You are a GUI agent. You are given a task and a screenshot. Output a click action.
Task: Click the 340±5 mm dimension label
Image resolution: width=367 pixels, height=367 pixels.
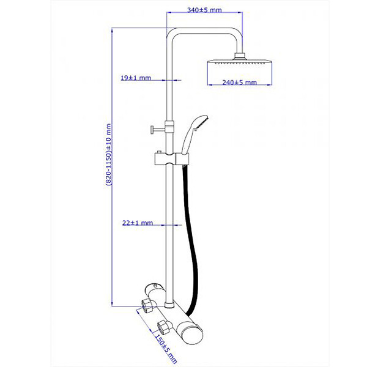204,10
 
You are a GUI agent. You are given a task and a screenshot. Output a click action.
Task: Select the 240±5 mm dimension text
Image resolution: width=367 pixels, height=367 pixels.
239,83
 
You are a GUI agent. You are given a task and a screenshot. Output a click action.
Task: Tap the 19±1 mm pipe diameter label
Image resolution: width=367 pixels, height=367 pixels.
136,78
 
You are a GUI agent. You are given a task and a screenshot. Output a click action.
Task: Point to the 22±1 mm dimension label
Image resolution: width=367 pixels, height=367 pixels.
138,223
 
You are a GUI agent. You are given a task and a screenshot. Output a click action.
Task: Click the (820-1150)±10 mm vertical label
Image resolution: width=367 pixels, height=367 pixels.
109,155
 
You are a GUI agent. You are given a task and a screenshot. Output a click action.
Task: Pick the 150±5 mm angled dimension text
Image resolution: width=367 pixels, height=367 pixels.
166,350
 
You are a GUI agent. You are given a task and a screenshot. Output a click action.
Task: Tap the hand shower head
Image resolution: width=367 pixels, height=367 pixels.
196,134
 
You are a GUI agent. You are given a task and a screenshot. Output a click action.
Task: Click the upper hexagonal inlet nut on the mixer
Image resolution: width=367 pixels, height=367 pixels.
146,305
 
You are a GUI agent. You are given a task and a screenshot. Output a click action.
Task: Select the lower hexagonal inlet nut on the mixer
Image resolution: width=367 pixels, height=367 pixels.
163,327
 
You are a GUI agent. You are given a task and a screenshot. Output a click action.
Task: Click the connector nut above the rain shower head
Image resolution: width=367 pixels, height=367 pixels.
240,56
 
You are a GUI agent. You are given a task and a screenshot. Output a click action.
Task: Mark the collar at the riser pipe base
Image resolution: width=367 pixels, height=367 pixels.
169,305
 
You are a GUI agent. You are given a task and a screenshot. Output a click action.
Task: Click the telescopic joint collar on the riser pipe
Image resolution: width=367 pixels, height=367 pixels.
169,127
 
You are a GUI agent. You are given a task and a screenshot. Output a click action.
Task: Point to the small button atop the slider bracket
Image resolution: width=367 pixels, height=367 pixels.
159,152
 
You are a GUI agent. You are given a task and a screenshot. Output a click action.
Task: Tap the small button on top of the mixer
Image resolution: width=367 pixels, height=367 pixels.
155,286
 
